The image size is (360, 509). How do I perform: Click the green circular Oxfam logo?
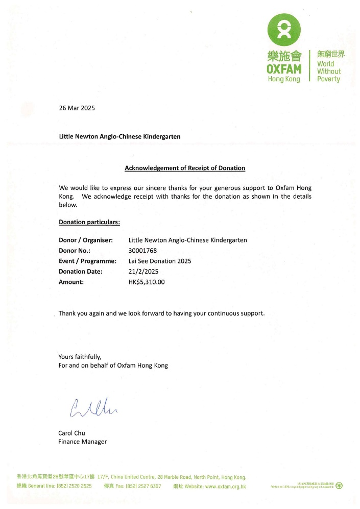point(284,30)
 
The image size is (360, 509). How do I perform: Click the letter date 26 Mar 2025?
point(77,108)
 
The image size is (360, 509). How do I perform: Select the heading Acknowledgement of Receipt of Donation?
point(185,168)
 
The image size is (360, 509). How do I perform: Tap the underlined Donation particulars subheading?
point(89,222)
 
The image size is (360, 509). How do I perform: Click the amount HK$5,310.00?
point(147,282)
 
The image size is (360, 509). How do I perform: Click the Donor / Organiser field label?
point(85,240)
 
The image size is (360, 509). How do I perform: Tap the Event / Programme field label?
point(88,261)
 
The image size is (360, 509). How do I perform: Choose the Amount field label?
point(71,282)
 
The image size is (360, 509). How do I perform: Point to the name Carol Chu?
point(71,433)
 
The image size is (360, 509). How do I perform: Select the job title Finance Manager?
point(82,442)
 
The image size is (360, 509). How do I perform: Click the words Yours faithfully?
point(80,357)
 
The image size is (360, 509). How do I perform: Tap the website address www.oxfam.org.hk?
point(225,487)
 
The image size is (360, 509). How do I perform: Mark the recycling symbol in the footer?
point(339,486)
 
